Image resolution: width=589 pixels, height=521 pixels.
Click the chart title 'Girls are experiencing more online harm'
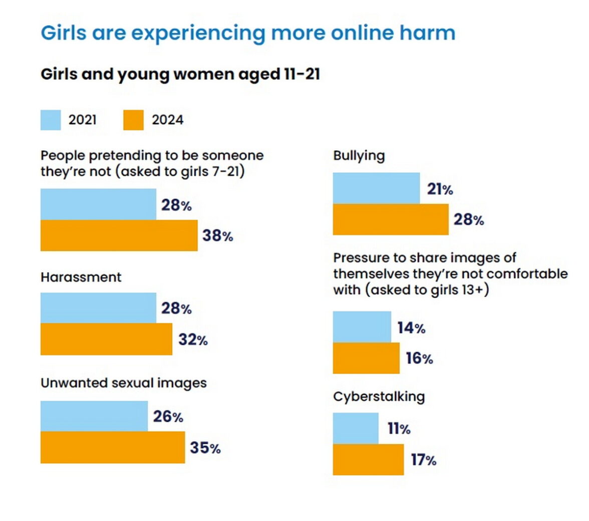[248, 33]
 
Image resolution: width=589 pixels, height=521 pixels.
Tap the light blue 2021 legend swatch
[51, 120]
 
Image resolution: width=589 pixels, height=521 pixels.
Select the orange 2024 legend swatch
[133, 120]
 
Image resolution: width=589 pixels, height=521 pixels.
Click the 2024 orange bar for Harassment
[106, 339]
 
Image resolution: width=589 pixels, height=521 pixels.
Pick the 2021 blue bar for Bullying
[376, 188]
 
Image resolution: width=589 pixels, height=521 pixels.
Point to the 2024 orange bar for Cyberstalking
[368, 459]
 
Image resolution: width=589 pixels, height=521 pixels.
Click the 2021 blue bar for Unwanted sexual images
[94, 416]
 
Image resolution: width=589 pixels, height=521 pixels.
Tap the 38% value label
[217, 235]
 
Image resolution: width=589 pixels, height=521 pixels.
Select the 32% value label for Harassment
[193, 340]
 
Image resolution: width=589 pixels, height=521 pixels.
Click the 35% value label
[205, 447]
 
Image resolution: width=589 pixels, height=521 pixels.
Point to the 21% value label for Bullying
[440, 189]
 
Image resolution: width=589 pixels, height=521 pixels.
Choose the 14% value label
[411, 328]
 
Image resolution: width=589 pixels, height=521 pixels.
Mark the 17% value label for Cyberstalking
[423, 459]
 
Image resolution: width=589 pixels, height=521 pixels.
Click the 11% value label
[399, 429]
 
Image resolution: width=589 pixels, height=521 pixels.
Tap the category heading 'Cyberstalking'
[379, 397]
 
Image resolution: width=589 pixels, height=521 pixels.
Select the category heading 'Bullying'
[359, 155]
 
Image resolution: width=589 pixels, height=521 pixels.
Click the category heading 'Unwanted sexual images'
[124, 383]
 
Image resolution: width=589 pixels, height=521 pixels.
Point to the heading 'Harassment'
[81, 277]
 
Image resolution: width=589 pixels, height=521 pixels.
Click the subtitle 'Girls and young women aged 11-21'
[180, 74]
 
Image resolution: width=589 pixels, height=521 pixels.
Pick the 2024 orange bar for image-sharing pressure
[366, 358]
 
